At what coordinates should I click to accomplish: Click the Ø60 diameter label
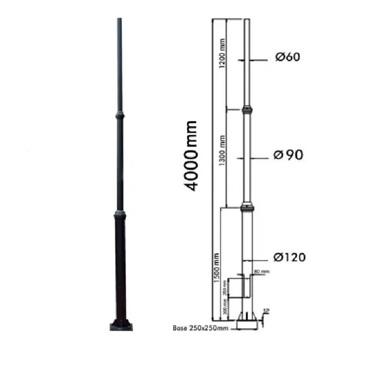(288, 57)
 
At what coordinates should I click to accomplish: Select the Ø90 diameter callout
(288, 155)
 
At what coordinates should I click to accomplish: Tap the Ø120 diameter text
(289, 257)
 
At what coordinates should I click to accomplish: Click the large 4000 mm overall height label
(191, 155)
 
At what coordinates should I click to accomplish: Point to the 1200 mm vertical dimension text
(222, 55)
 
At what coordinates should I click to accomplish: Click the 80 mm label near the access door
(261, 271)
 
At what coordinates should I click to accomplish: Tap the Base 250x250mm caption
(201, 328)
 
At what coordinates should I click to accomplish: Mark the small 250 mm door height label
(225, 288)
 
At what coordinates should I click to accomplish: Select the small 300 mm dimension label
(225, 306)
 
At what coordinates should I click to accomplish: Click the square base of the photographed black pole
(121, 324)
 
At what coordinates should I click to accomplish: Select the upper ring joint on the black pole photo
(120, 114)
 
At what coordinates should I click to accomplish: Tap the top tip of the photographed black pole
(119, 19)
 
